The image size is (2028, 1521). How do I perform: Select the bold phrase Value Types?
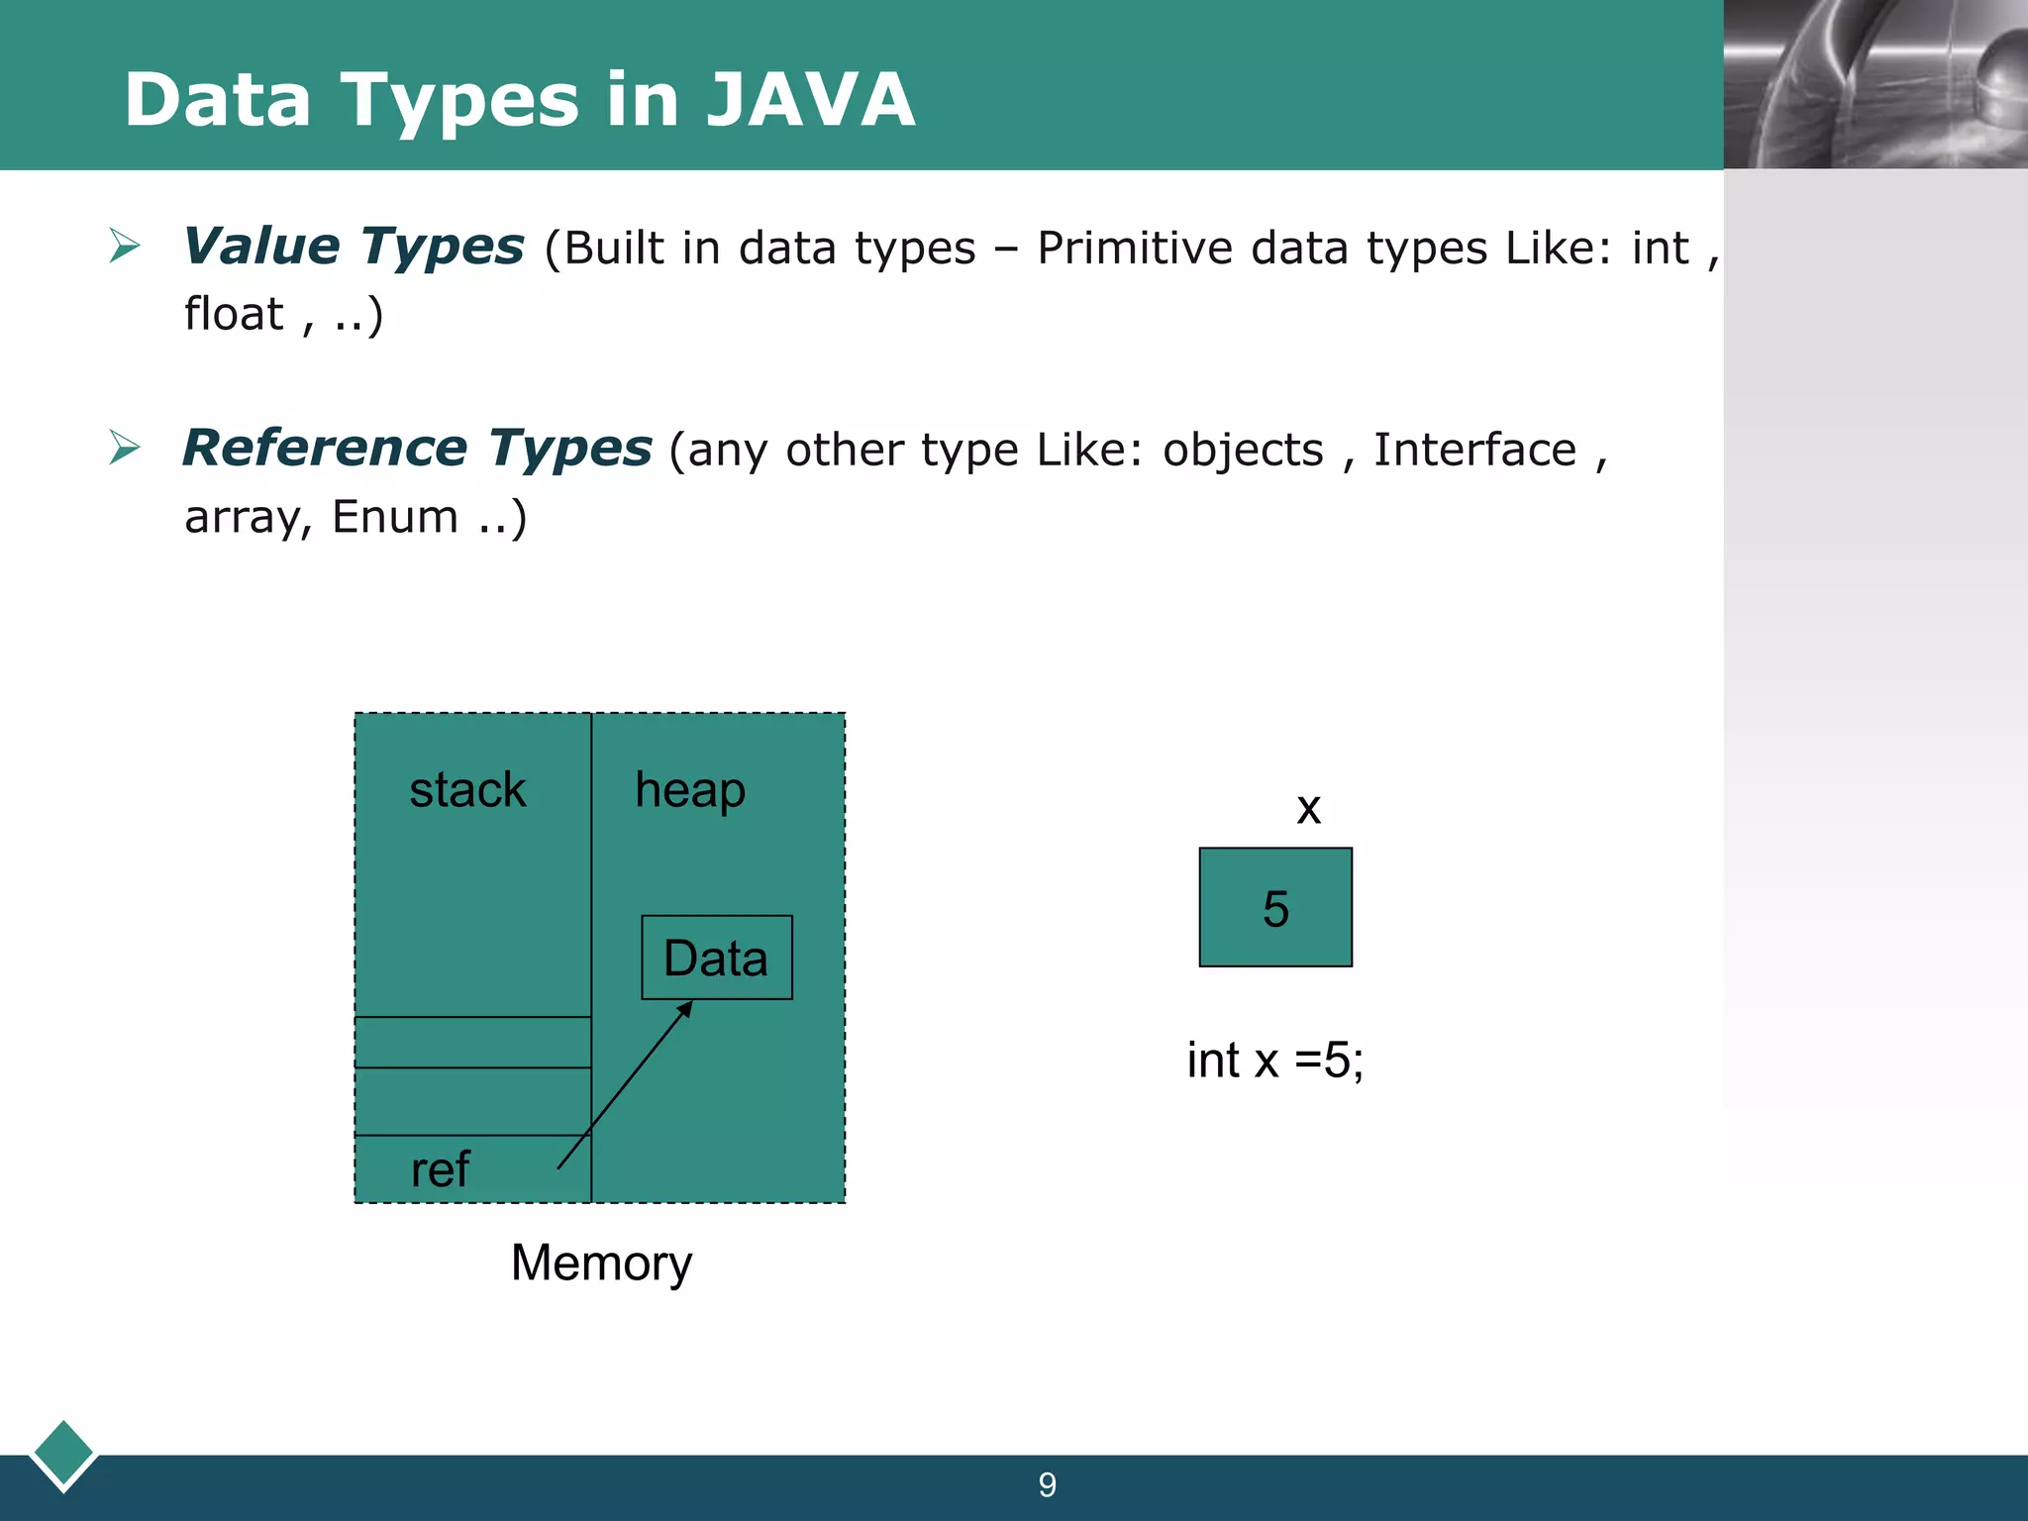pyautogui.click(x=354, y=247)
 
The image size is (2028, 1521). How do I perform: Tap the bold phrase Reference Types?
pyautogui.click(x=417, y=448)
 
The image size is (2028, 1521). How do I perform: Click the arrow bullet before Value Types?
pyautogui.click(x=125, y=246)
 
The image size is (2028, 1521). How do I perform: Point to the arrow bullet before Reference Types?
pyautogui.click(x=125, y=448)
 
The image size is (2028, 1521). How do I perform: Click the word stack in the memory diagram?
pyautogui.click(x=467, y=790)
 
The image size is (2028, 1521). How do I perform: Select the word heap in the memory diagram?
pyautogui.click(x=690, y=790)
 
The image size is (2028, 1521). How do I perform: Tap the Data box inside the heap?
pyautogui.click(x=716, y=958)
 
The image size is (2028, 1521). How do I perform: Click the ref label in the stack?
pyautogui.click(x=440, y=1169)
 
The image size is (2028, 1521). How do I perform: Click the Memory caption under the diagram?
pyautogui.click(x=601, y=1264)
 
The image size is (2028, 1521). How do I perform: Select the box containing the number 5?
pyautogui.click(x=1275, y=907)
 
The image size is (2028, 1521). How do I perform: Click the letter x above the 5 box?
pyautogui.click(x=1308, y=809)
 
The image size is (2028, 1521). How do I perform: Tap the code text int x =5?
pyautogui.click(x=1275, y=1061)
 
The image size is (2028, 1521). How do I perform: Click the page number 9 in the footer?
pyautogui.click(x=1048, y=1485)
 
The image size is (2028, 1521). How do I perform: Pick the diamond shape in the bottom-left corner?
pyautogui.click(x=63, y=1454)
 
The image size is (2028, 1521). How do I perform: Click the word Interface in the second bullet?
pyautogui.click(x=1474, y=450)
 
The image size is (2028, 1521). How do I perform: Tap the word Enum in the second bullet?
pyautogui.click(x=395, y=517)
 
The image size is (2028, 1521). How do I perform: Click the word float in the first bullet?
pyautogui.click(x=234, y=314)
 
